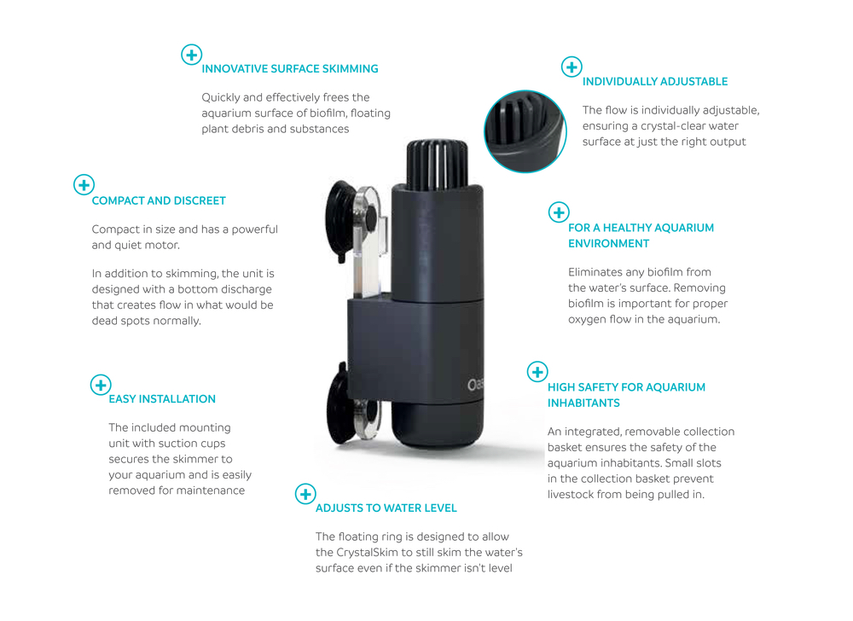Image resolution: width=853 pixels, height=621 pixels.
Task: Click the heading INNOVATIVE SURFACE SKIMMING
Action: [x=290, y=69]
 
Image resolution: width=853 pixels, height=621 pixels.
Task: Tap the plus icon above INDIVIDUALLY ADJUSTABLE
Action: [x=572, y=67]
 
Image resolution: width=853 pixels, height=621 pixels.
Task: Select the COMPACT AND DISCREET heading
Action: [x=159, y=200]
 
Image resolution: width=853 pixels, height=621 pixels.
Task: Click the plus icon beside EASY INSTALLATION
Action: [x=101, y=385]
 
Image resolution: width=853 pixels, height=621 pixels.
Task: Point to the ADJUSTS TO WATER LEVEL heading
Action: [x=386, y=508]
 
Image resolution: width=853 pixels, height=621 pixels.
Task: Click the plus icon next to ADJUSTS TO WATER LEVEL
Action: [x=305, y=494]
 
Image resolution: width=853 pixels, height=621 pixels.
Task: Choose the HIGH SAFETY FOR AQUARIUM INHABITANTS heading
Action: [x=626, y=395]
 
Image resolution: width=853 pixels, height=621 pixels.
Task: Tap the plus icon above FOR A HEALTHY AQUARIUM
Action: [x=559, y=212]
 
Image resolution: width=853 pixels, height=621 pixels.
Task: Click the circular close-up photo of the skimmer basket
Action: [x=525, y=131]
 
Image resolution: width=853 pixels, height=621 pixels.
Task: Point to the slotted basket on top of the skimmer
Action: [x=437, y=165]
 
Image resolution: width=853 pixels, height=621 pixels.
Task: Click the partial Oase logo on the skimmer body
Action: [x=474, y=385]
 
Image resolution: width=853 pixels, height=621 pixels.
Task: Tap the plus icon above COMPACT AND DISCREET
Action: [x=84, y=185]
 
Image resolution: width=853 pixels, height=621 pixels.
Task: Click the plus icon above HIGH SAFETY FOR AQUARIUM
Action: [x=537, y=372]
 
